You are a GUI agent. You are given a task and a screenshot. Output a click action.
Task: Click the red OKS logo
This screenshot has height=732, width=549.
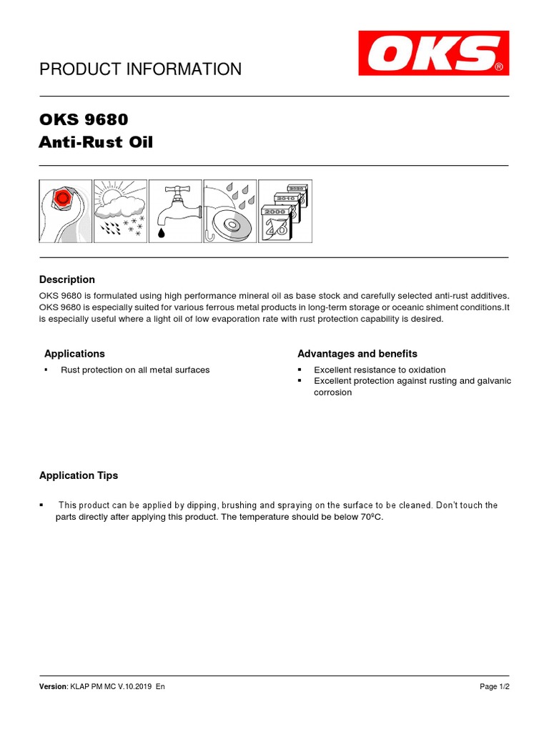[x=433, y=53]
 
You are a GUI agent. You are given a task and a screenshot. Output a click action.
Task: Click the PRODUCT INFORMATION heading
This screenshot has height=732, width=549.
[x=140, y=69]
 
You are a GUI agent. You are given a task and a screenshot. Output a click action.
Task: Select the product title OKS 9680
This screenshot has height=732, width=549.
[x=84, y=119]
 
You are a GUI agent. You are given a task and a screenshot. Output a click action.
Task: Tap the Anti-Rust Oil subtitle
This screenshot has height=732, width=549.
[x=96, y=143]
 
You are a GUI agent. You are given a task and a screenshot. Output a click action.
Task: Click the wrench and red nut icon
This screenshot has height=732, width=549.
[x=65, y=211]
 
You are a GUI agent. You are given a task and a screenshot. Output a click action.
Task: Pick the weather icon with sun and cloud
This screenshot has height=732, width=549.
[x=120, y=211]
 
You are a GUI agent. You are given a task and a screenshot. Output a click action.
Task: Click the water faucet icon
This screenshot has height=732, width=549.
[x=175, y=211]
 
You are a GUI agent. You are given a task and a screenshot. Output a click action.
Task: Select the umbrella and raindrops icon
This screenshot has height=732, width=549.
[x=230, y=211]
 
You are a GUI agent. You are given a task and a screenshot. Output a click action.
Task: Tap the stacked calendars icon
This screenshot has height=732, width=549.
[x=285, y=211]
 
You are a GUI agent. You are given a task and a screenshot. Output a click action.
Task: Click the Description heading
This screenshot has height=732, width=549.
[x=67, y=280]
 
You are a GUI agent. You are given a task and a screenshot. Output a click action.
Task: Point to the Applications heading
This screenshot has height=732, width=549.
[x=74, y=354]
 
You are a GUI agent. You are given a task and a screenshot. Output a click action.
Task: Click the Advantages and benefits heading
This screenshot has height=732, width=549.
[x=357, y=354]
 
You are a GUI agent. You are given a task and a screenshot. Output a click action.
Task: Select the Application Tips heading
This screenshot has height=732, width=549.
[x=79, y=475]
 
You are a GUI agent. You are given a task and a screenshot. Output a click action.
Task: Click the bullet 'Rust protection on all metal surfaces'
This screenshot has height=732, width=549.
[x=135, y=370]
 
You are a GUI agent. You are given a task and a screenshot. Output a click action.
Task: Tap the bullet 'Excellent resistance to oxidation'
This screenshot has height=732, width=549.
[x=380, y=370]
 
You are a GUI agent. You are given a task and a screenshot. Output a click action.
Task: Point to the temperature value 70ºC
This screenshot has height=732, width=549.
[x=371, y=517]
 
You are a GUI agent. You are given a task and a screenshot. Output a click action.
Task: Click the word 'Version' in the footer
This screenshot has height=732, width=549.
[x=53, y=686]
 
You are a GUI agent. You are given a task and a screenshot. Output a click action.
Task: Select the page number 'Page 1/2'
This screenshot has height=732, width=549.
[x=494, y=686]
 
